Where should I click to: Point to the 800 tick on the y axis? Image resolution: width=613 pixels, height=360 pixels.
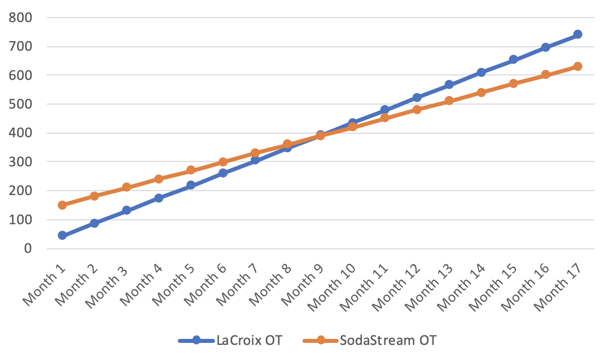point(22,18)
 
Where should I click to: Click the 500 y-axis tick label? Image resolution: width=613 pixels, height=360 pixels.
point(22,104)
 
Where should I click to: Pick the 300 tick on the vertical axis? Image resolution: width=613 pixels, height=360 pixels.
point(22,162)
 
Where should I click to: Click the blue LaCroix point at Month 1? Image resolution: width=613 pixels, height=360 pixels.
point(62,235)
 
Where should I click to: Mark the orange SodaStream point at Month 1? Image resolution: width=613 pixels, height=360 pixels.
point(62,205)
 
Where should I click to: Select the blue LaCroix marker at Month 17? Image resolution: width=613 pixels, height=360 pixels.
point(578,34)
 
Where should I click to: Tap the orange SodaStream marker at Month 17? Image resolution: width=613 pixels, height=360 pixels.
point(578,66)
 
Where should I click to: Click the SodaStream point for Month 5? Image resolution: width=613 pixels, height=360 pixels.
point(191,170)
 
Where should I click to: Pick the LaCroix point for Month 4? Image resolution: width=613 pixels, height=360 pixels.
point(159,198)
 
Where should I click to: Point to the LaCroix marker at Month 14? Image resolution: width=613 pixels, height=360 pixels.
point(481,72)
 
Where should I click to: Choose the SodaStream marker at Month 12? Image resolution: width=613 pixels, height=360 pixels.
point(417,110)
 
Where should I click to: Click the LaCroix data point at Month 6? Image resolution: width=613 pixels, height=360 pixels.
point(223,173)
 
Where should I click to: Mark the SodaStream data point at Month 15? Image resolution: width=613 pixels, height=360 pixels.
point(514,83)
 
